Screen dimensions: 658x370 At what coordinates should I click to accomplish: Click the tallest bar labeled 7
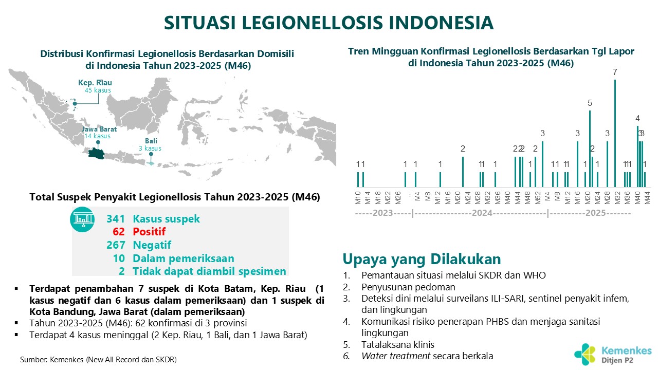click(x=615, y=133)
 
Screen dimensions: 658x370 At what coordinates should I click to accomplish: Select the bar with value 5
click(x=590, y=149)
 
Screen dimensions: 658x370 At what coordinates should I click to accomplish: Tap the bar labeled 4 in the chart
click(x=637, y=157)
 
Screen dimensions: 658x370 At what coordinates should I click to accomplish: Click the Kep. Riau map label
click(x=95, y=83)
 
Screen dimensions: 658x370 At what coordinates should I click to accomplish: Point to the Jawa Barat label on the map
click(x=99, y=129)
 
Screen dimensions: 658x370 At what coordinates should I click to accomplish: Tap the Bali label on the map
click(x=151, y=141)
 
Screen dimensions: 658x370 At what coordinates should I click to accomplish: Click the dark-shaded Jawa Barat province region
click(x=97, y=153)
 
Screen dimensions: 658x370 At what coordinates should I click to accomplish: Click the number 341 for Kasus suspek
click(x=116, y=219)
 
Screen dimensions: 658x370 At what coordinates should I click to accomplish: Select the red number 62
click(x=119, y=232)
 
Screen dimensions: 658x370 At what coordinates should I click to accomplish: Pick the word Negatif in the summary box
click(x=152, y=245)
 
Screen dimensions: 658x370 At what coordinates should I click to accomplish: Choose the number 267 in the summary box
click(x=116, y=245)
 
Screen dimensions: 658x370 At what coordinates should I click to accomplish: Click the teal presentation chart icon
click(x=82, y=219)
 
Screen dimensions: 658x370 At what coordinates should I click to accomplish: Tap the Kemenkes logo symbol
click(x=584, y=354)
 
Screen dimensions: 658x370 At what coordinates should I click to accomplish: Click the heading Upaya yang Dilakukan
click(x=422, y=259)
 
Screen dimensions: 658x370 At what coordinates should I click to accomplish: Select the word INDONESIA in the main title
click(x=441, y=23)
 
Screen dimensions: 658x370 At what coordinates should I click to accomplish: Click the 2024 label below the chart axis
click(x=482, y=213)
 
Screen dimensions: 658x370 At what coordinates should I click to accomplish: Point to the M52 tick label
click(x=538, y=198)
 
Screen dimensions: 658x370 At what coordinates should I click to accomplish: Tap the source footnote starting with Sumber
click(x=98, y=359)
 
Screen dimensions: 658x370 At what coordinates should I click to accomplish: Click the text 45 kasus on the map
click(x=98, y=90)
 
